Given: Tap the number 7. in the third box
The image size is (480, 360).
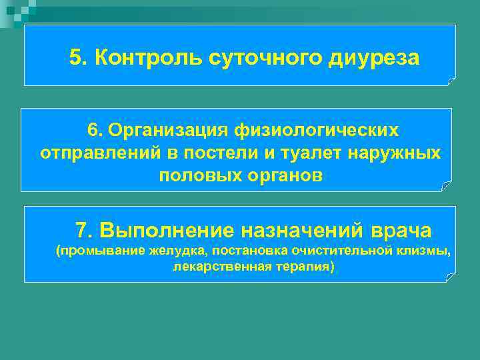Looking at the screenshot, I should (83, 231).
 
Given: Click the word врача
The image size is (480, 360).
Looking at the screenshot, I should (401, 231).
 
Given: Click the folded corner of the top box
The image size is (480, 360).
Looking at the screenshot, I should (451, 81).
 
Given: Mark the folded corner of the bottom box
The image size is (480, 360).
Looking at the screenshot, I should (451, 277).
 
